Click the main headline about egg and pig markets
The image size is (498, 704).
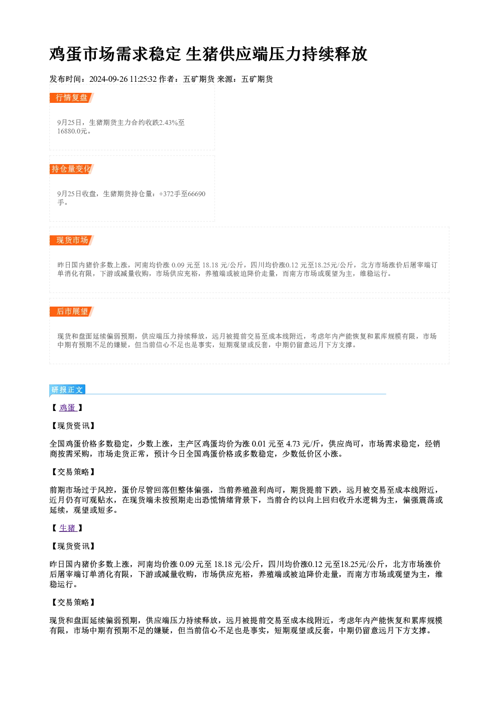208,54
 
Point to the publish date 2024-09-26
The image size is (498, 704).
108,79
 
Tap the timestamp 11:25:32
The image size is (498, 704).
143,79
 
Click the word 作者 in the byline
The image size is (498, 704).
167,79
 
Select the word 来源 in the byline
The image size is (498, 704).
225,79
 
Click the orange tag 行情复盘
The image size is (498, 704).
71,97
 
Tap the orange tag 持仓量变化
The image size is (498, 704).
71,169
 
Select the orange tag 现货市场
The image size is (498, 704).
72,240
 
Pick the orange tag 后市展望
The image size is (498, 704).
72,312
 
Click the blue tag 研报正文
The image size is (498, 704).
67,390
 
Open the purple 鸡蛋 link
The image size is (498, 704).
68,407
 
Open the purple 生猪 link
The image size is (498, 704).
68,528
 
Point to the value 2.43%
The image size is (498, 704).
169,122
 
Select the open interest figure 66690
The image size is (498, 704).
196,194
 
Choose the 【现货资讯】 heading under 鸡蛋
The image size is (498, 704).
73,426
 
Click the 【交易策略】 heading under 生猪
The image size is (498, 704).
73,602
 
